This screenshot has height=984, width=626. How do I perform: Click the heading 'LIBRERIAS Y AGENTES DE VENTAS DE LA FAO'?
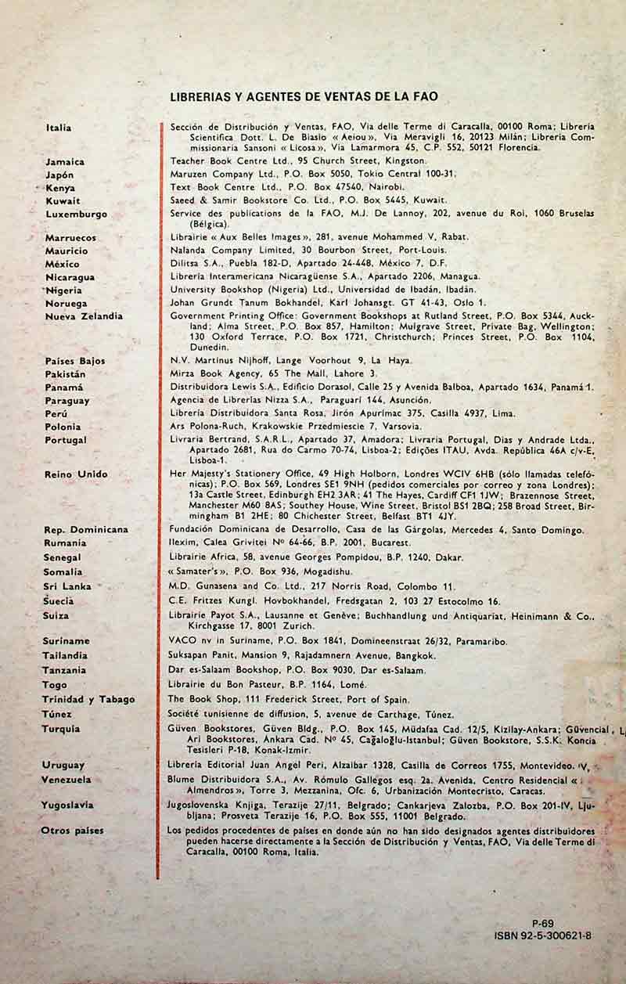click(303, 97)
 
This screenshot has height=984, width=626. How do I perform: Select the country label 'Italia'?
click(59, 128)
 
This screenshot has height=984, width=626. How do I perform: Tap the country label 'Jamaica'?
click(65, 161)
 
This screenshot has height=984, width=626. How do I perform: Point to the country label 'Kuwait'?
click(63, 201)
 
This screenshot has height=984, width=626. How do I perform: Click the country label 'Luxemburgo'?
click(76, 214)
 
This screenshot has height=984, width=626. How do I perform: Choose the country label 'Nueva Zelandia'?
click(84, 316)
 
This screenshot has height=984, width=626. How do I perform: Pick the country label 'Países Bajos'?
click(75, 361)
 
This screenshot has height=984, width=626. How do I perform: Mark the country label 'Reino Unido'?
click(76, 474)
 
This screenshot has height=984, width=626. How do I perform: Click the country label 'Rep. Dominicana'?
click(86, 529)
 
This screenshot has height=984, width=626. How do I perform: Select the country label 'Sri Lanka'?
click(67, 586)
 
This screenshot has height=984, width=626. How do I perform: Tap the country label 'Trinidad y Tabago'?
click(88, 699)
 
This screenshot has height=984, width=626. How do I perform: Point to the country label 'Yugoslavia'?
click(67, 805)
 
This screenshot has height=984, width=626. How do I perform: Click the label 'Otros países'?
click(72, 831)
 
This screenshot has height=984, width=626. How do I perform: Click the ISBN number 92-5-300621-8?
click(543, 935)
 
